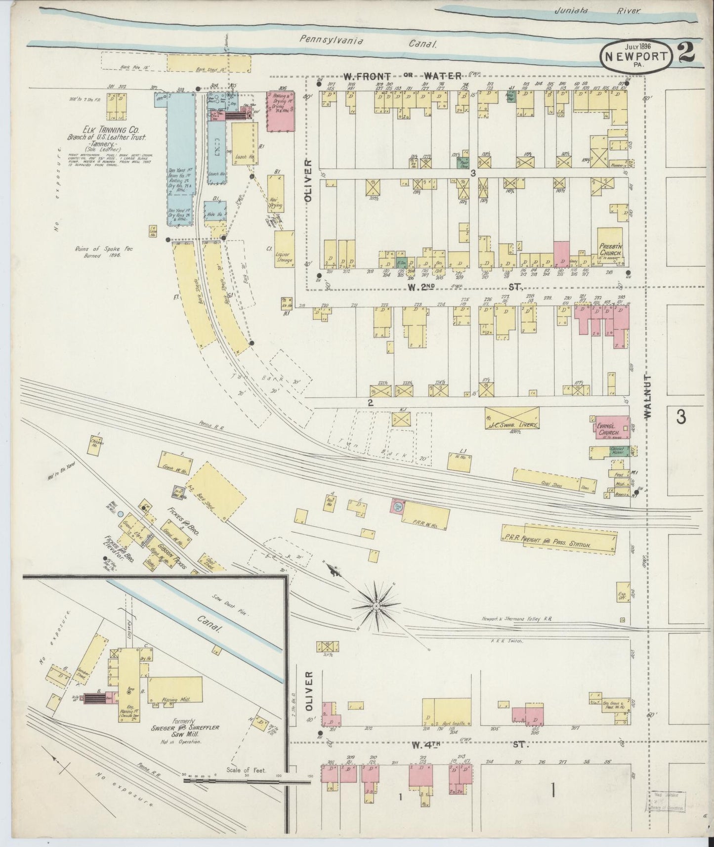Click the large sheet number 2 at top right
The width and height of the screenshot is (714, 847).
pos(687,52)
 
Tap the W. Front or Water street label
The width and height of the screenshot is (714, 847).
pos(403,76)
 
